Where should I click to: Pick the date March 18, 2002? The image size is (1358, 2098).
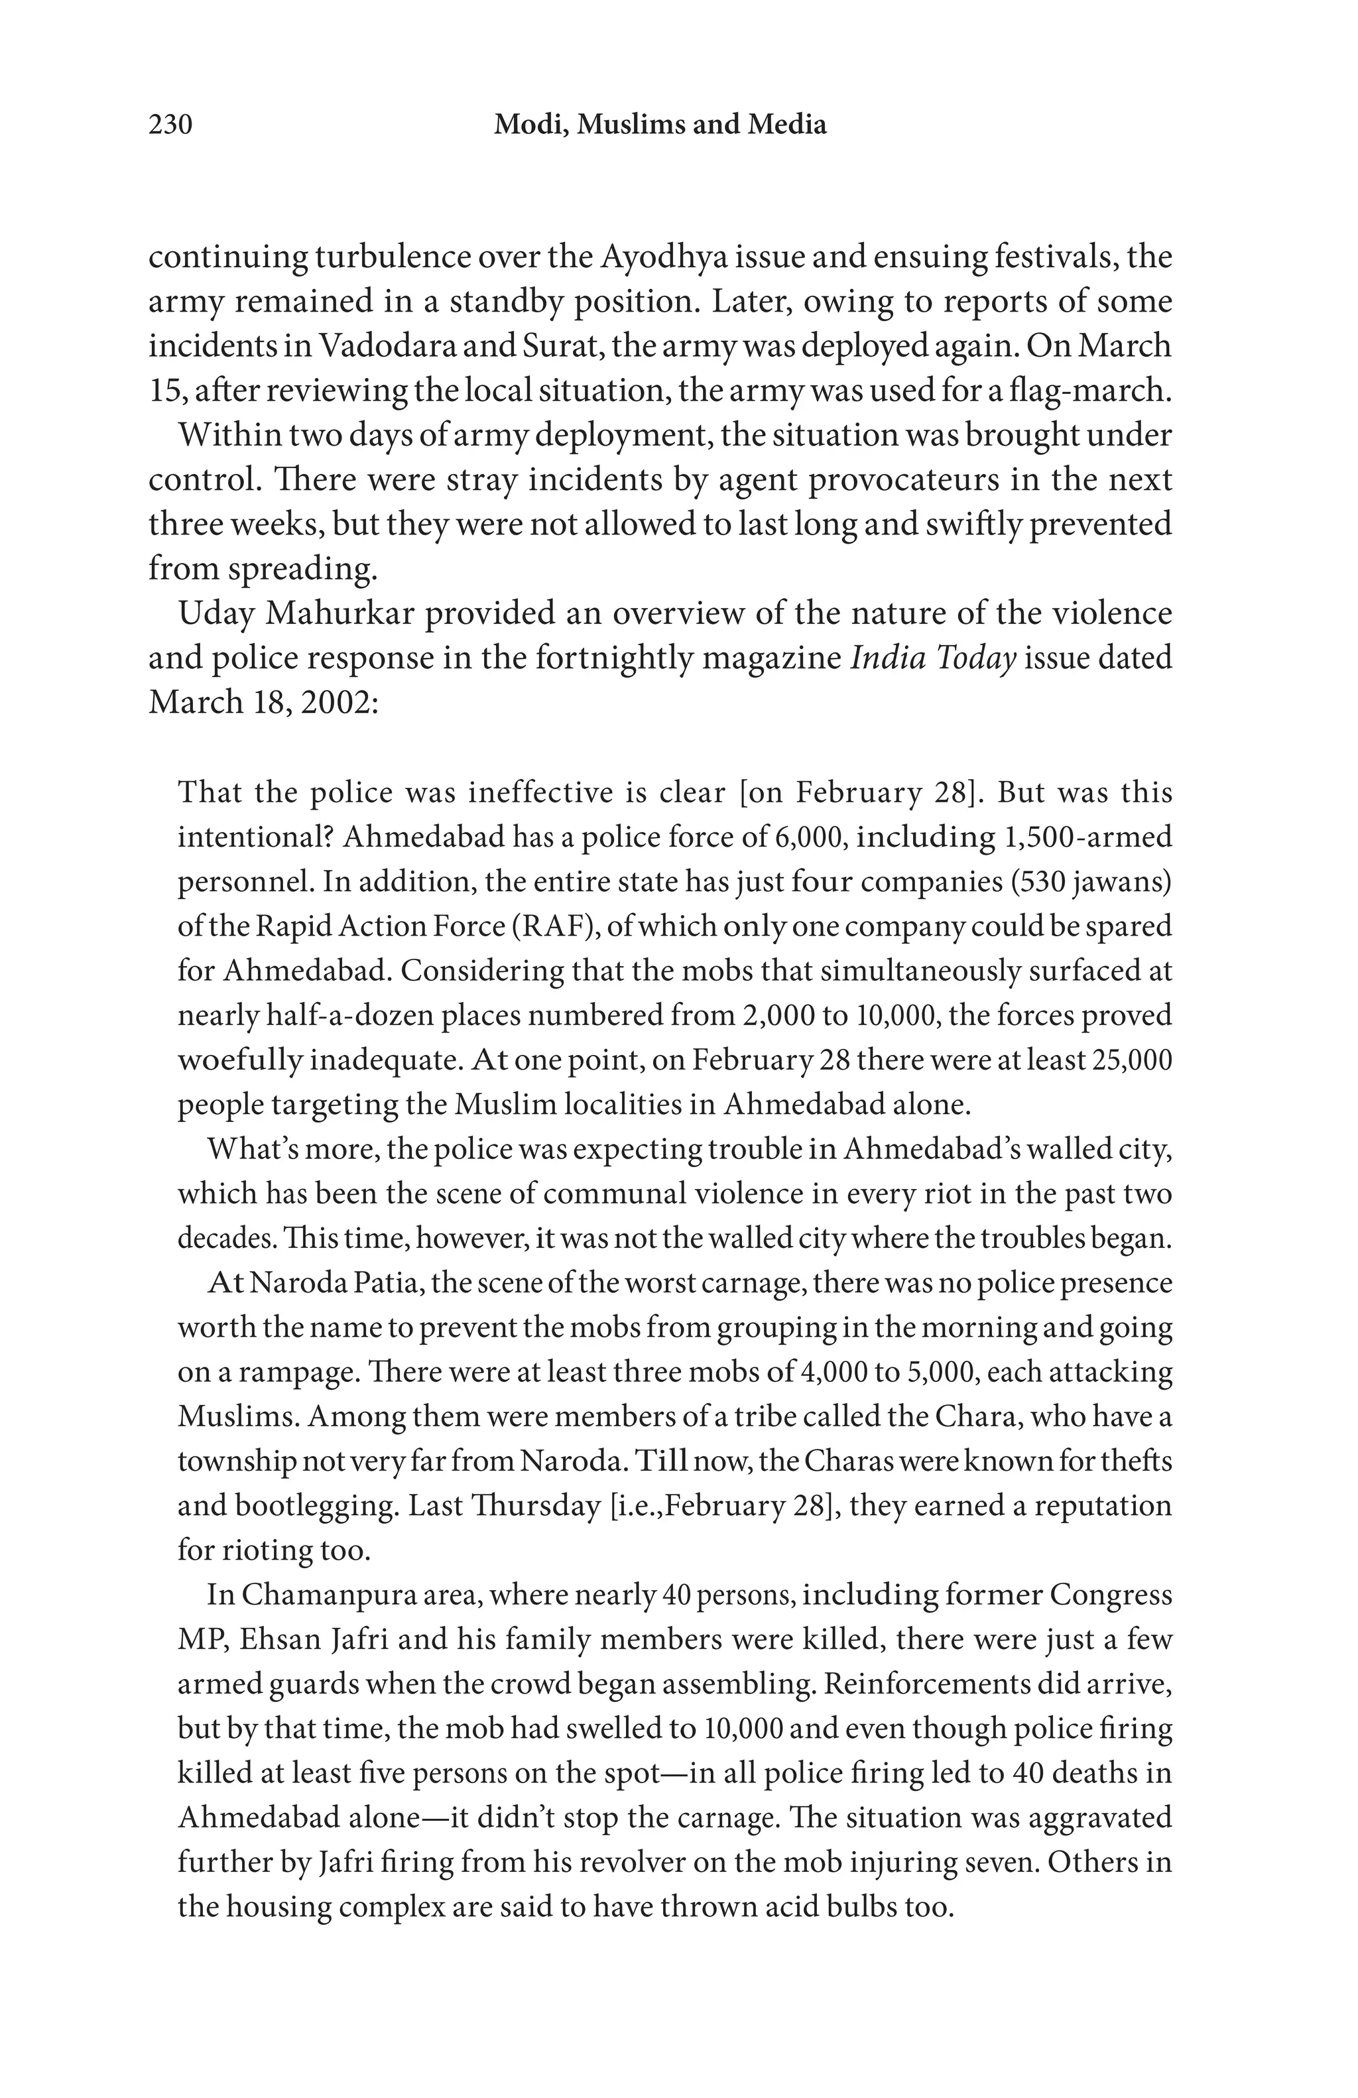point(263,703)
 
